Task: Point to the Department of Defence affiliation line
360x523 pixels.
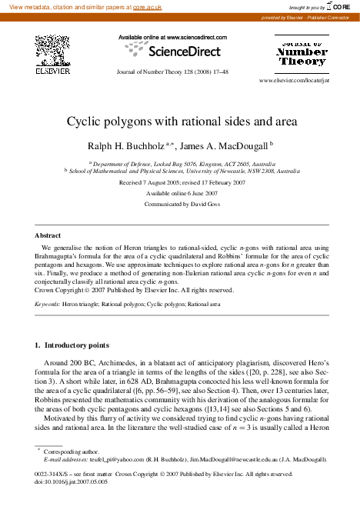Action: pyautogui.click(x=181, y=164)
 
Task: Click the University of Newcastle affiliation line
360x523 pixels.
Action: pyautogui.click(x=181, y=172)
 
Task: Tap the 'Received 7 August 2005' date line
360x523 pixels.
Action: pyautogui.click(x=181, y=183)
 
